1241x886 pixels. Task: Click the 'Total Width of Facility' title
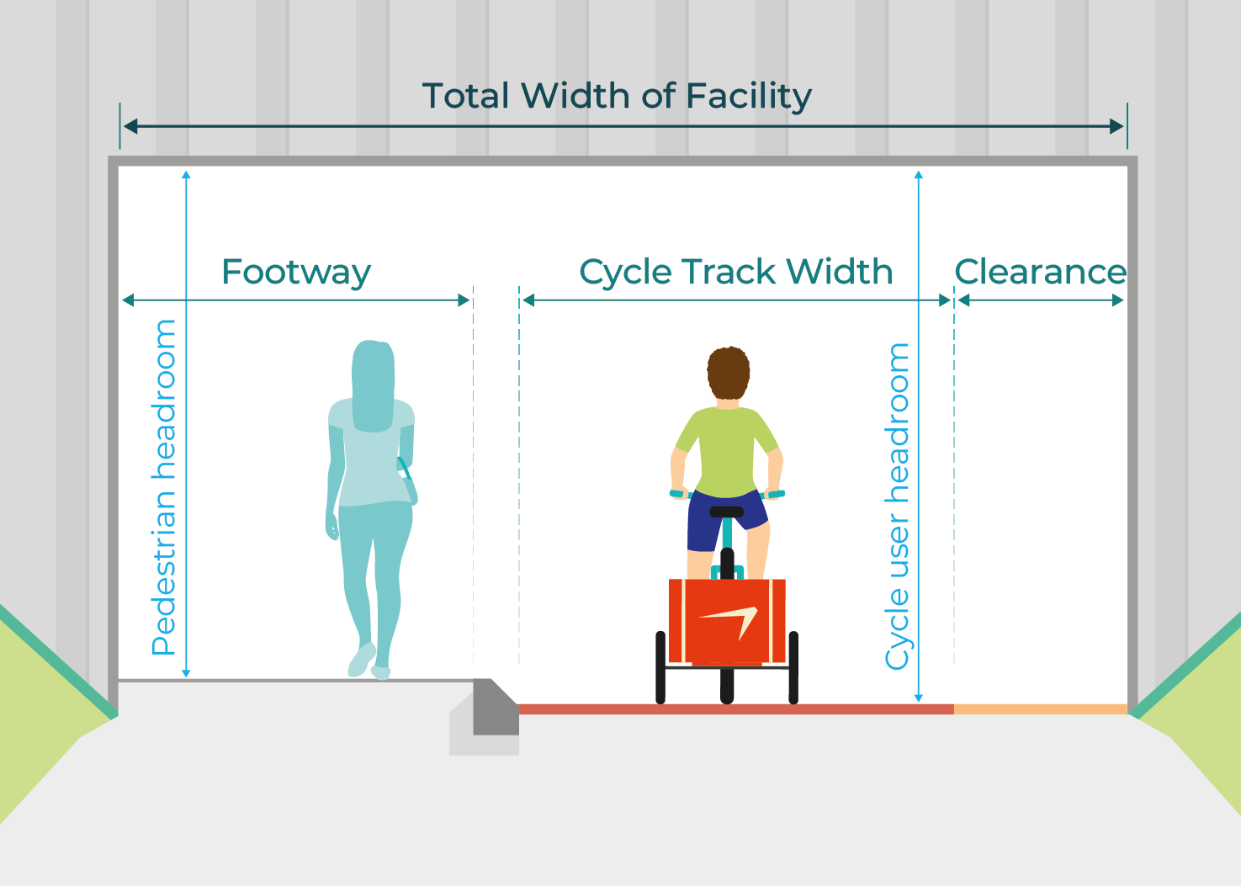pyautogui.click(x=616, y=96)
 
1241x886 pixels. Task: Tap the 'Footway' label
pyautogui.click(x=295, y=272)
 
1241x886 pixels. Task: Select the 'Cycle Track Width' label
pyautogui.click(x=735, y=272)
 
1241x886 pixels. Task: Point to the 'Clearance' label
pyautogui.click(x=1040, y=272)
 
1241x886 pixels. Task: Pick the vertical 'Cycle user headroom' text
pyautogui.click(x=898, y=506)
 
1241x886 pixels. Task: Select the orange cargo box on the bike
pyautogui.click(x=727, y=621)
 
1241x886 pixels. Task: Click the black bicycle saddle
pyautogui.click(x=726, y=512)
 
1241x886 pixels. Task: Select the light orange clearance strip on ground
pyautogui.click(x=1040, y=709)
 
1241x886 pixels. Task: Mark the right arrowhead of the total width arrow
pyautogui.click(x=1117, y=126)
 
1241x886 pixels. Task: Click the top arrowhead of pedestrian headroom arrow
pyautogui.click(x=186, y=175)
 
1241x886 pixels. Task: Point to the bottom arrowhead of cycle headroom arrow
pyautogui.click(x=919, y=697)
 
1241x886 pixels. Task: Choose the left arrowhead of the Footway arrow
pyautogui.click(x=129, y=300)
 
